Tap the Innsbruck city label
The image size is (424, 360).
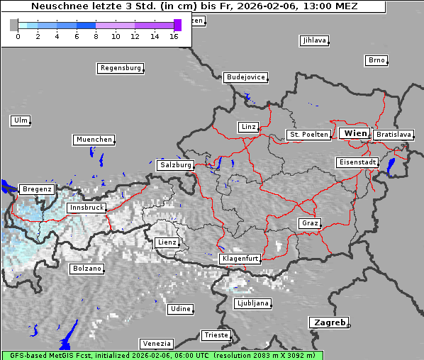click(x=87, y=208)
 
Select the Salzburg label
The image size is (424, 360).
click(x=176, y=165)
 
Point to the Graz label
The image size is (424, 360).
click(x=310, y=223)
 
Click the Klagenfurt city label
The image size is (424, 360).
click(x=240, y=259)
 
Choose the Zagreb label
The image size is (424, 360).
click(x=328, y=322)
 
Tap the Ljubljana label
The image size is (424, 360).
click(x=252, y=303)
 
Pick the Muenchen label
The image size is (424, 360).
click(x=94, y=140)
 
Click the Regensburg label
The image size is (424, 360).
click(x=121, y=68)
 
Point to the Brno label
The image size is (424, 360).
click(x=376, y=60)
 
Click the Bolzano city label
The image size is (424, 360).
click(x=87, y=269)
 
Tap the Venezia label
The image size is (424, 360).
click(x=156, y=344)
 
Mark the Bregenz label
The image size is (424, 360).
click(x=37, y=189)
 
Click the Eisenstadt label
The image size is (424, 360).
click(x=357, y=162)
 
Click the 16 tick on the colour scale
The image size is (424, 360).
click(x=174, y=36)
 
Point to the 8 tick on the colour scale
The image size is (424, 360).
click(x=96, y=36)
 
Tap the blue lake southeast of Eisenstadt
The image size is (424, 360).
click(x=391, y=167)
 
